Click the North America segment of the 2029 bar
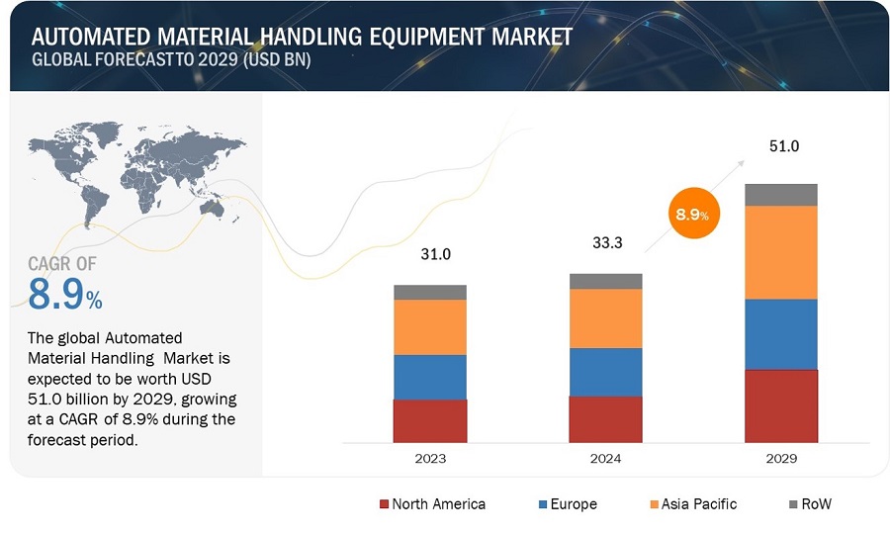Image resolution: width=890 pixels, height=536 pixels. (780, 405)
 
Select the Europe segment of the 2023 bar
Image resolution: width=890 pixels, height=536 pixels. (430, 377)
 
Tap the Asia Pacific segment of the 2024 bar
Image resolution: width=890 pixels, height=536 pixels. (605, 318)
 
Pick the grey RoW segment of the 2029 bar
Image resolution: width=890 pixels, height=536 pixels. (780, 195)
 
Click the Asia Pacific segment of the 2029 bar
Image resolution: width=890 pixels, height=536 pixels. (780, 252)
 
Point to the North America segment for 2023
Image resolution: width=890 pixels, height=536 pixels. (430, 420)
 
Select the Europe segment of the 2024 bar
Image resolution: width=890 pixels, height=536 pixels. (605, 372)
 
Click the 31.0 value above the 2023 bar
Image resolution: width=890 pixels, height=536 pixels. (435, 254)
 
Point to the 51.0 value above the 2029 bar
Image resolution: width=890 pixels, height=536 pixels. (784, 146)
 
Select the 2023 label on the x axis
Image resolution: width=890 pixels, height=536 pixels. (430, 459)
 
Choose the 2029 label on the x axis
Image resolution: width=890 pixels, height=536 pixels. (780, 459)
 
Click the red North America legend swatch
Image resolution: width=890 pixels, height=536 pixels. (385, 504)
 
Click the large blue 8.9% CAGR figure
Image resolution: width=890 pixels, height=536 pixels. (64, 294)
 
